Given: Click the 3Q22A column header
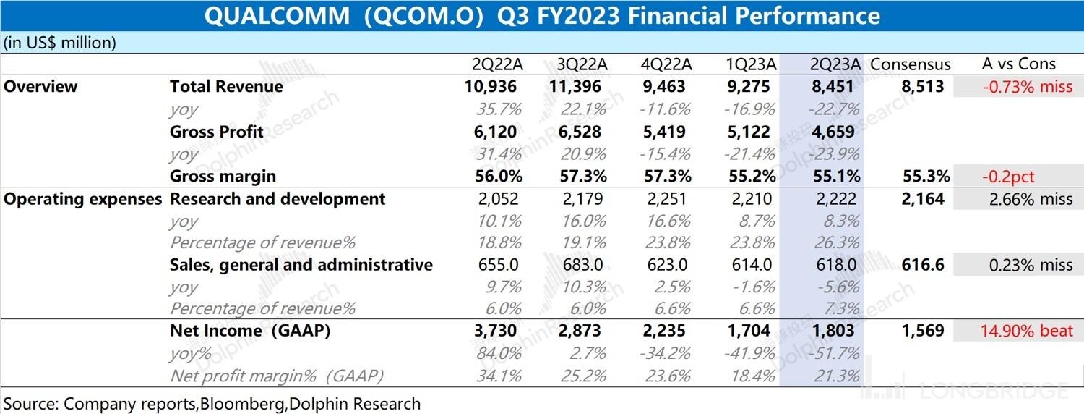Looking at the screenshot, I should tap(582, 64).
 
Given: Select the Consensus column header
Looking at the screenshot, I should tap(911, 64).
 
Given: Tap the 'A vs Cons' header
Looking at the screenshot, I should tap(1018, 64).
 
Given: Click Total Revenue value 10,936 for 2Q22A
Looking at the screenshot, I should tap(491, 87).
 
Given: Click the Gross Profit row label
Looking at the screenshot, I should tap(216, 132).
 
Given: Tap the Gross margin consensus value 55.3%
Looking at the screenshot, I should tap(924, 176).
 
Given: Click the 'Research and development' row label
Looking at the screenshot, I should tap(278, 199).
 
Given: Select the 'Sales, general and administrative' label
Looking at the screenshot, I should tap(301, 265).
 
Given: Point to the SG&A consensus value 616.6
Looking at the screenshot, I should tap(923, 265).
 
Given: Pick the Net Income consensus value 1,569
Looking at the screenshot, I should tap(923, 331).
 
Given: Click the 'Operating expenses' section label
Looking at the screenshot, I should tap(83, 199).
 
